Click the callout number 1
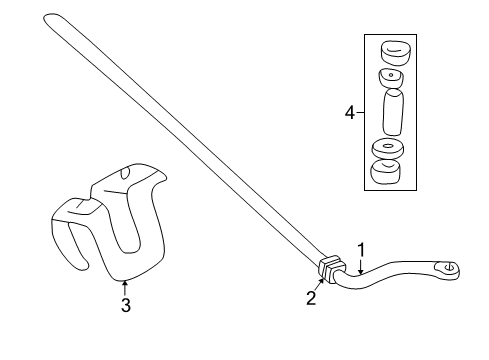[361, 251]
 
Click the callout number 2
[312, 298]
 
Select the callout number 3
[126, 306]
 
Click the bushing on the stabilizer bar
[330, 271]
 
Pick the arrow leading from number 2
[319, 285]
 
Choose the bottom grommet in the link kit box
[389, 174]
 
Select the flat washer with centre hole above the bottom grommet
[388, 149]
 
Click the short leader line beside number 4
[362, 115]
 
